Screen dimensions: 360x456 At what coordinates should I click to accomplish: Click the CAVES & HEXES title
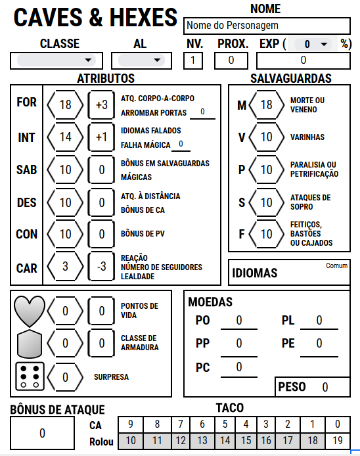tap(96, 18)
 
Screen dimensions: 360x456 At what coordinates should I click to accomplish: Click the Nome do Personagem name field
tap(267, 26)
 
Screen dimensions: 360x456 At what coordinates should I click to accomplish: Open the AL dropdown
tap(139, 60)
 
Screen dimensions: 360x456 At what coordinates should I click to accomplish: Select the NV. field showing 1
tap(193, 60)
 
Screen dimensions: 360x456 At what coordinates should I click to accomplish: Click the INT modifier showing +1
tap(101, 137)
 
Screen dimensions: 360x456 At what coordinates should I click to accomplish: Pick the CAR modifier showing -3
tap(101, 268)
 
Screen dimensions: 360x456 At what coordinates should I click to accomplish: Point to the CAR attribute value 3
tap(65, 268)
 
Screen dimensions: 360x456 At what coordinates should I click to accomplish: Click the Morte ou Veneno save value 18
tap(265, 105)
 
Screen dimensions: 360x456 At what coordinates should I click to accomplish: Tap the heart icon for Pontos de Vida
tap(30, 310)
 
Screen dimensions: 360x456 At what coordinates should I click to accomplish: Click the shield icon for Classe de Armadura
tap(30, 343)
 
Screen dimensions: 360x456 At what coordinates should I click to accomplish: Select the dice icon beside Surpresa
tap(30, 376)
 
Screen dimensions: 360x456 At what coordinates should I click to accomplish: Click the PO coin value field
tap(238, 321)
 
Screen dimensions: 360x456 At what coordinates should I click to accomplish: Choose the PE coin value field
tap(319, 344)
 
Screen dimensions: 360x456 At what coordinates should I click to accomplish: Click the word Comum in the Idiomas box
tap(336, 266)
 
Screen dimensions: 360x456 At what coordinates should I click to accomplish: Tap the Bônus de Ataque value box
tap(43, 433)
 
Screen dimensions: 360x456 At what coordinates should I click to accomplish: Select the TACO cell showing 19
tap(337, 441)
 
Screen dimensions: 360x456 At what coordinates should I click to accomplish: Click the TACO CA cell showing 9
tap(131, 424)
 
